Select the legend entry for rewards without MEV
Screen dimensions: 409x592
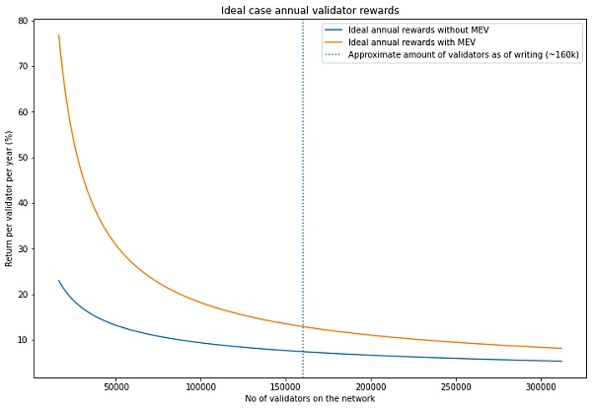tap(420, 31)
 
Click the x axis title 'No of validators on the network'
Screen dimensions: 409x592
tap(310, 399)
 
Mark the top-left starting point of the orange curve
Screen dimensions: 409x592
tap(58, 35)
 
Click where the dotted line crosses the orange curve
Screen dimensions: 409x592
tap(303, 326)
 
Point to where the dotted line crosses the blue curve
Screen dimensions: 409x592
tap(303, 352)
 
